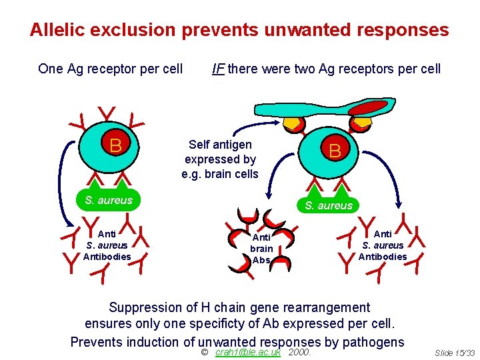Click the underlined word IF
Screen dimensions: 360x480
point(217,69)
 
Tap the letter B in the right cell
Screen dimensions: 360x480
point(335,151)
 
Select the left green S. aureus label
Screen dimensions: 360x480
point(108,200)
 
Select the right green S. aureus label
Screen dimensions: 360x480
point(328,205)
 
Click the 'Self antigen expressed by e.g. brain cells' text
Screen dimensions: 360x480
point(220,159)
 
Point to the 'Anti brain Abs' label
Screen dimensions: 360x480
point(261,249)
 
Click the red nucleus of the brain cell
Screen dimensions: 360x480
point(367,107)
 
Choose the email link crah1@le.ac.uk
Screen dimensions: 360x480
point(248,352)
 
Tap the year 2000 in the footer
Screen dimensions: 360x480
point(300,352)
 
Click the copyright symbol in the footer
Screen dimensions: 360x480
point(205,352)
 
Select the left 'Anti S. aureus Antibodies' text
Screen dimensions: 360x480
point(107,245)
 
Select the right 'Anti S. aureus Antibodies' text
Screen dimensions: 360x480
point(383,245)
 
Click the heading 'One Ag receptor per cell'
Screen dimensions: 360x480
point(111,69)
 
